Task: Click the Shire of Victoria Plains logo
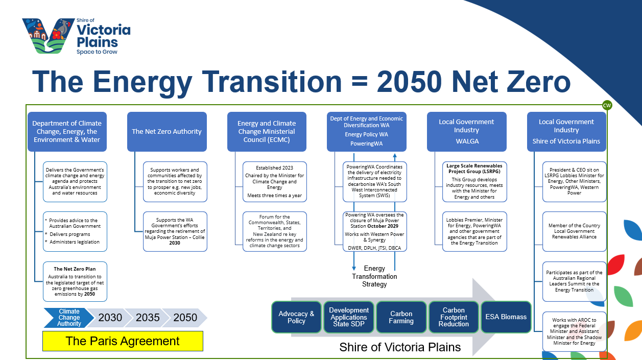pyautogui.click(x=76, y=36)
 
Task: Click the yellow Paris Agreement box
pyautogui.click(x=123, y=341)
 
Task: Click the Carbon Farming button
pyautogui.click(x=401, y=317)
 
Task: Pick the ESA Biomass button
pyautogui.click(x=506, y=317)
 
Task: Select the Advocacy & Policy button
pyautogui.click(x=296, y=317)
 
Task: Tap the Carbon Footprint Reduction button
pyautogui.click(x=454, y=317)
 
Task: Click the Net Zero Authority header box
pyautogui.click(x=167, y=132)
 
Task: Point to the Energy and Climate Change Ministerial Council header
pyautogui.click(x=267, y=132)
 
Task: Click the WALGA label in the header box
pyautogui.click(x=467, y=141)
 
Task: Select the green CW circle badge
pyautogui.click(x=607, y=106)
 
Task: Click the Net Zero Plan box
pyautogui.click(x=75, y=281)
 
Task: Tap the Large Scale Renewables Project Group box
pyautogui.click(x=474, y=182)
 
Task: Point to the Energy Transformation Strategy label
pyautogui.click(x=374, y=276)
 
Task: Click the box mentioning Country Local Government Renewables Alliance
pyautogui.click(x=575, y=232)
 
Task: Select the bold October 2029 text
pyautogui.click(x=383, y=226)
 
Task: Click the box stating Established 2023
pyautogui.click(x=275, y=182)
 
